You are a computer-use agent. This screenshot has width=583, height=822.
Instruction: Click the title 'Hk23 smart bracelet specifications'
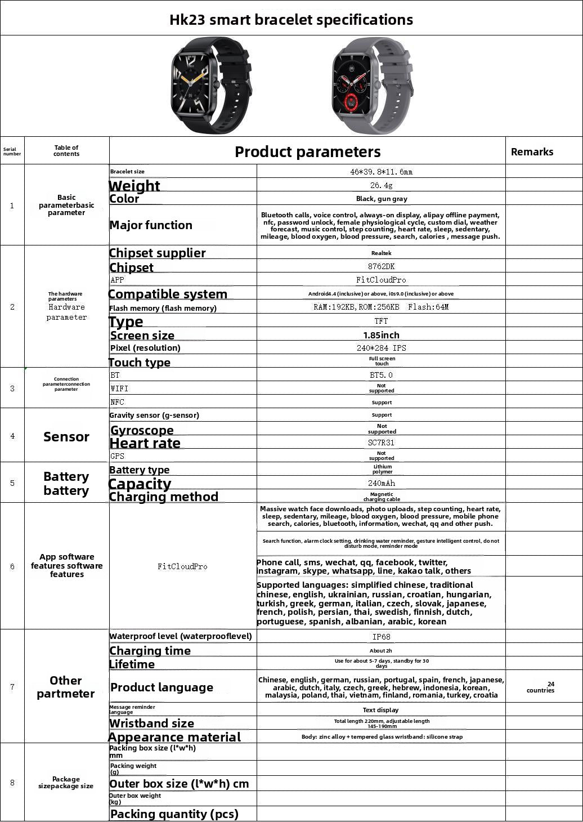click(291, 20)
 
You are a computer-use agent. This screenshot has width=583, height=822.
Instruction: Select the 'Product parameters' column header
click(307, 151)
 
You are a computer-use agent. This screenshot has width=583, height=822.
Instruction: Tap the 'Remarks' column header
click(532, 151)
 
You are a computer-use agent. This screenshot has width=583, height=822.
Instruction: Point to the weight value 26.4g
click(381, 185)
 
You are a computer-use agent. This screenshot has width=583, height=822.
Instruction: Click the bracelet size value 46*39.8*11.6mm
click(381, 172)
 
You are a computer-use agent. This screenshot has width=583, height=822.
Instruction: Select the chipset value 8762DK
click(381, 266)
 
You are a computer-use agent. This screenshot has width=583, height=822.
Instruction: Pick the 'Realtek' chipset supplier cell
click(381, 253)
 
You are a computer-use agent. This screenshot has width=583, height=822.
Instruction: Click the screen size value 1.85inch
click(381, 335)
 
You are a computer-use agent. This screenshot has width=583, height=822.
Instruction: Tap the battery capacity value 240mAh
click(381, 483)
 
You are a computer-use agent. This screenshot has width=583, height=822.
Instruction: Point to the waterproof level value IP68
click(381, 637)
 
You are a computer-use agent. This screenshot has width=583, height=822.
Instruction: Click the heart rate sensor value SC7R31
click(381, 443)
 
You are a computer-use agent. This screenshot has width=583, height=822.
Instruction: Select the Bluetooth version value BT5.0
click(381, 375)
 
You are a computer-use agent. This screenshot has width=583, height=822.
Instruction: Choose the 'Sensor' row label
click(66, 436)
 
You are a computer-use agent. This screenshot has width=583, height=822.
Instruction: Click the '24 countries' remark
click(541, 687)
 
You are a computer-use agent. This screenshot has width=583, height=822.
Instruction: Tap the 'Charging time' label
click(150, 651)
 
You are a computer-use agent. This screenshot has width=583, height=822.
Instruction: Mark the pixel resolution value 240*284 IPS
click(381, 348)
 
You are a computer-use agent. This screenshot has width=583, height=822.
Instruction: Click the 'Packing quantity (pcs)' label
click(174, 814)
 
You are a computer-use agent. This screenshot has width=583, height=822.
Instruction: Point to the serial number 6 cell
click(12, 566)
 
